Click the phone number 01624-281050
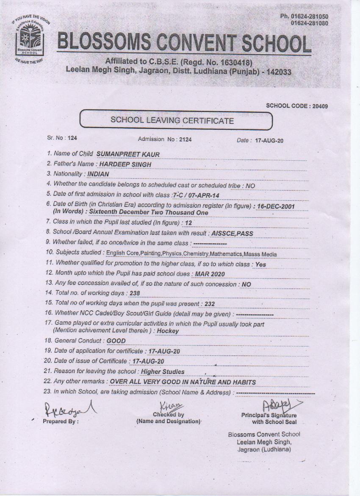click(x=310, y=17)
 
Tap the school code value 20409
click(x=320, y=106)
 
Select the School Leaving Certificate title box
click(x=176, y=120)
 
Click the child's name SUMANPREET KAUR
click(x=128, y=155)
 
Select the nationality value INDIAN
click(x=98, y=174)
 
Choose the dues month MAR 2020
click(x=210, y=274)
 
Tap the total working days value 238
click(x=135, y=293)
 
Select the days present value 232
click(x=210, y=304)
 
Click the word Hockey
click(x=168, y=331)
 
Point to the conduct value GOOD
click(x=116, y=341)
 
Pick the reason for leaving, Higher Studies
click(x=163, y=372)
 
